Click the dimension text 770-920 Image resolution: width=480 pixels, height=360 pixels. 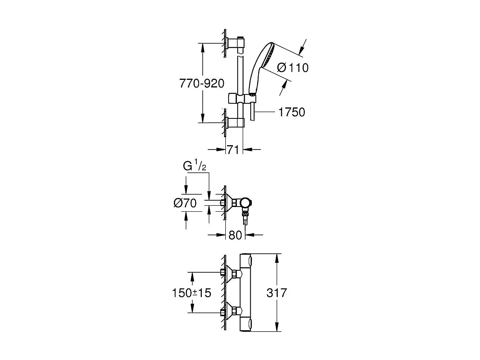coord(201,84)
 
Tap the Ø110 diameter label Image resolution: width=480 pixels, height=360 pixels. coord(293,68)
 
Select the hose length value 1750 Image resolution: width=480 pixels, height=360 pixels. coord(292,112)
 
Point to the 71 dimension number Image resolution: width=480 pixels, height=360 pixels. coord(233,150)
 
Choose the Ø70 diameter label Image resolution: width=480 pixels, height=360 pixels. coord(185,203)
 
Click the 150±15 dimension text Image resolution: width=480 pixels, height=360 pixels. coord(192,293)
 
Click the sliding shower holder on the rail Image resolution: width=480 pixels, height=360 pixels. coord(241,98)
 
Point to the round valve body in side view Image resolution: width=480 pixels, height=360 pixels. coord(246,203)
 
